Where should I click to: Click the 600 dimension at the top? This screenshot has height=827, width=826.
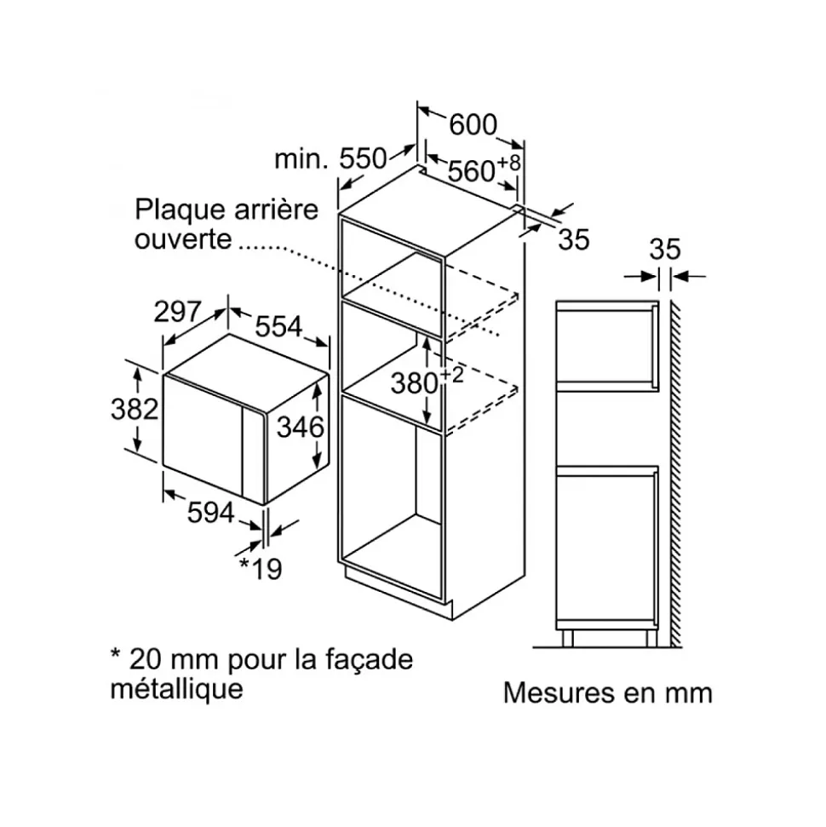coord(473,125)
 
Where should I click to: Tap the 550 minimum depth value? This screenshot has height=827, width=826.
coord(363,158)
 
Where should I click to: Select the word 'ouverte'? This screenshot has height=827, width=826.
coord(183,239)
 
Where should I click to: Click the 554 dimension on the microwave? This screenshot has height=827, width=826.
coord(278,326)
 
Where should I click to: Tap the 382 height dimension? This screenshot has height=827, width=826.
coord(135,409)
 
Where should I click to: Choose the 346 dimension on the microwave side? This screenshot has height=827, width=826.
coord(300,427)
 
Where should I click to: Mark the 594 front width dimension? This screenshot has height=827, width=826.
coord(210,512)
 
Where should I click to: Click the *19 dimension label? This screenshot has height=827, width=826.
coord(261,568)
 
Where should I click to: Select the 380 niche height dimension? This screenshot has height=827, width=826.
coord(415,383)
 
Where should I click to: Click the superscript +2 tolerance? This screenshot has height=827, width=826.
coord(451,375)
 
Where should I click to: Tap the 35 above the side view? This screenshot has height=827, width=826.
coord(664,250)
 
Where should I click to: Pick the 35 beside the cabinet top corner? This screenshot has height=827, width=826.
coord(574,240)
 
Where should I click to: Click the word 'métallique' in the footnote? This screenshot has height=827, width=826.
coord(177,688)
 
